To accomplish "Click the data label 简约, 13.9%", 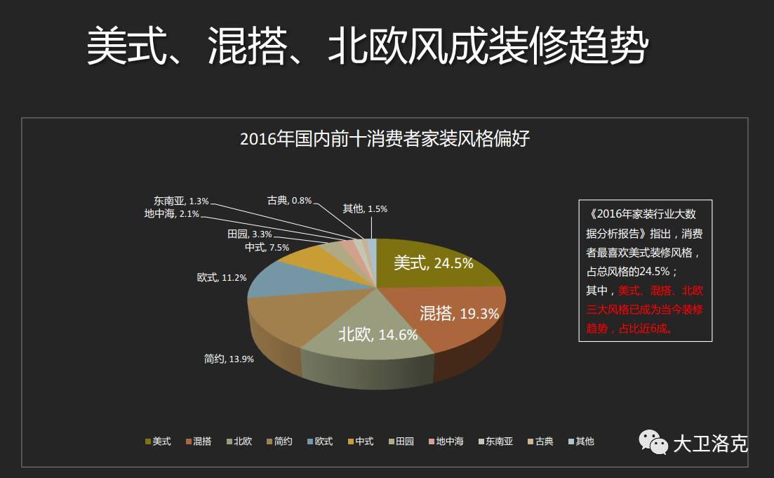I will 229,359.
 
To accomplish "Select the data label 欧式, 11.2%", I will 222,278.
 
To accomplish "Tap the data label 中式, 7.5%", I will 267,248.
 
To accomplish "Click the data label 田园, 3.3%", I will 249,234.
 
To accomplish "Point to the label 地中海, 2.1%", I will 172,214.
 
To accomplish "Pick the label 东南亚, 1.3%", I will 181,201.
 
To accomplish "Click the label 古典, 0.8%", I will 289,201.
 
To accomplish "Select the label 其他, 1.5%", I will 365,208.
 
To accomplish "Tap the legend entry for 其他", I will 580,442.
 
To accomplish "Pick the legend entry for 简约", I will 279,442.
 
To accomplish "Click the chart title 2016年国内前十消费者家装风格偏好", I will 385,138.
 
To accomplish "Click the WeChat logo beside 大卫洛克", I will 653,442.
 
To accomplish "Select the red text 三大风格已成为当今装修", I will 645,310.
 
